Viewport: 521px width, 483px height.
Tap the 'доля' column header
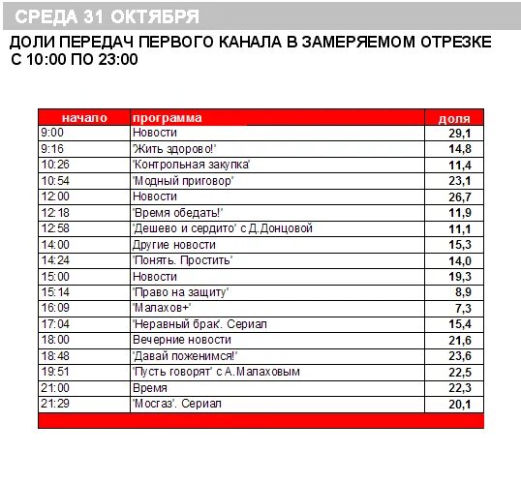click(x=454, y=117)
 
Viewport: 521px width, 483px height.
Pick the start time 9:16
click(x=51, y=149)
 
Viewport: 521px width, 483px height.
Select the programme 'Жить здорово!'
click(x=173, y=149)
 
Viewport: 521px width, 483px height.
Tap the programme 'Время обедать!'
click(x=177, y=213)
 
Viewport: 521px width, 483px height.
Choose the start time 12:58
click(x=54, y=228)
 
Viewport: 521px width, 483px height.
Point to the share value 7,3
click(x=461, y=308)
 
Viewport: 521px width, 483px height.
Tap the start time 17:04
click(x=54, y=323)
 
